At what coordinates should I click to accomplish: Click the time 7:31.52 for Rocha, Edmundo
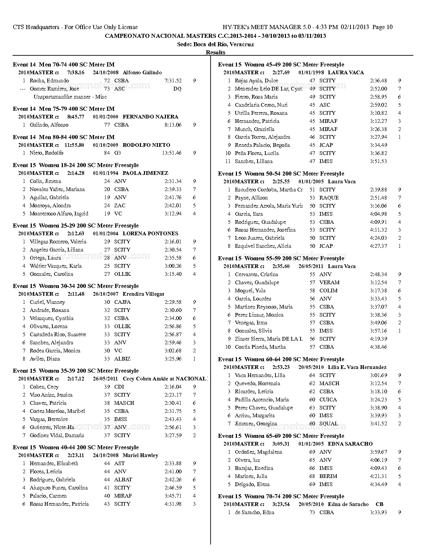pyautogui.click(x=173, y=81)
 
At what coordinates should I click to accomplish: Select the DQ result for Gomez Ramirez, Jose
pyautogui.click(x=177, y=89)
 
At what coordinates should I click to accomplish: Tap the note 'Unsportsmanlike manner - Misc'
pyautogui.click(x=70, y=97)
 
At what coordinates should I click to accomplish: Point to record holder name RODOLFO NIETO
pyautogui.click(x=146, y=145)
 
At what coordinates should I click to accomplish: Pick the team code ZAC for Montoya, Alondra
pyautogui.click(x=120, y=206)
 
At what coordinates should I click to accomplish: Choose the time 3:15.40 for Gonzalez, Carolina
pyautogui.click(x=173, y=274)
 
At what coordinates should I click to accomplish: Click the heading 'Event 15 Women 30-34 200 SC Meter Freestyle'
pyautogui.click(x=76, y=286)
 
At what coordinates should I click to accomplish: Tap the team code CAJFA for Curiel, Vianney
pyautogui.click(x=122, y=302)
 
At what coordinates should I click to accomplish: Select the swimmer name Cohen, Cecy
pyautogui.click(x=44, y=387)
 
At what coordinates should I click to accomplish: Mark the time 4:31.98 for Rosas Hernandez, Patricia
pyautogui.click(x=173, y=504)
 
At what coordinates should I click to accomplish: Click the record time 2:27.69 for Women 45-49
pyautogui.click(x=281, y=73)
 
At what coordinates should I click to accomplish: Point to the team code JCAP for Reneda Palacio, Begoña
pyautogui.click(x=326, y=145)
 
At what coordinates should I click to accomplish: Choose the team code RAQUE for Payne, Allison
pyautogui.click(x=329, y=198)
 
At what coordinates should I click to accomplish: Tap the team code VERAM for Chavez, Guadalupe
pyautogui.click(x=329, y=283)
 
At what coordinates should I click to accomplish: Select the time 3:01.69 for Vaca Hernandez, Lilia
pyautogui.click(x=378, y=375)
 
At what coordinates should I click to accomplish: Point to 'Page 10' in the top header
pyautogui.click(x=382, y=27)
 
